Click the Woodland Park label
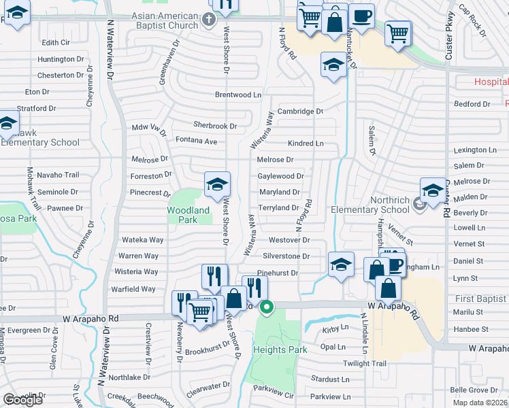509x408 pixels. pyautogui.click(x=188, y=215)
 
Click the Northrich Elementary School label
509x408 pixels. pyautogui.click(x=380, y=205)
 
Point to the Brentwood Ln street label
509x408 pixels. pyautogui.click(x=237, y=95)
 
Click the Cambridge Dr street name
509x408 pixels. pyautogui.click(x=299, y=111)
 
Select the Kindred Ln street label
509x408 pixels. pyautogui.click(x=306, y=143)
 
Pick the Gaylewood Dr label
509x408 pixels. pyautogui.click(x=280, y=175)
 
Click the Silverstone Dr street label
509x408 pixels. pyautogui.click(x=286, y=256)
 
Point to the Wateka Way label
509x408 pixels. pyautogui.click(x=142, y=240)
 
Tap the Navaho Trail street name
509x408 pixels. pyautogui.click(x=58, y=175)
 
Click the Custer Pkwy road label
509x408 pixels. pyautogui.click(x=449, y=34)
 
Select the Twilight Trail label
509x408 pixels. pyautogui.click(x=364, y=363)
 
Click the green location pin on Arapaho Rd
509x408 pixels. pyautogui.click(x=267, y=308)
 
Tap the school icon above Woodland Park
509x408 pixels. pyautogui.click(x=218, y=185)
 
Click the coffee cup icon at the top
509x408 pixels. pyautogui.click(x=361, y=16)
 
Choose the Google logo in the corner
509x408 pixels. pyautogui.click(x=23, y=400)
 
